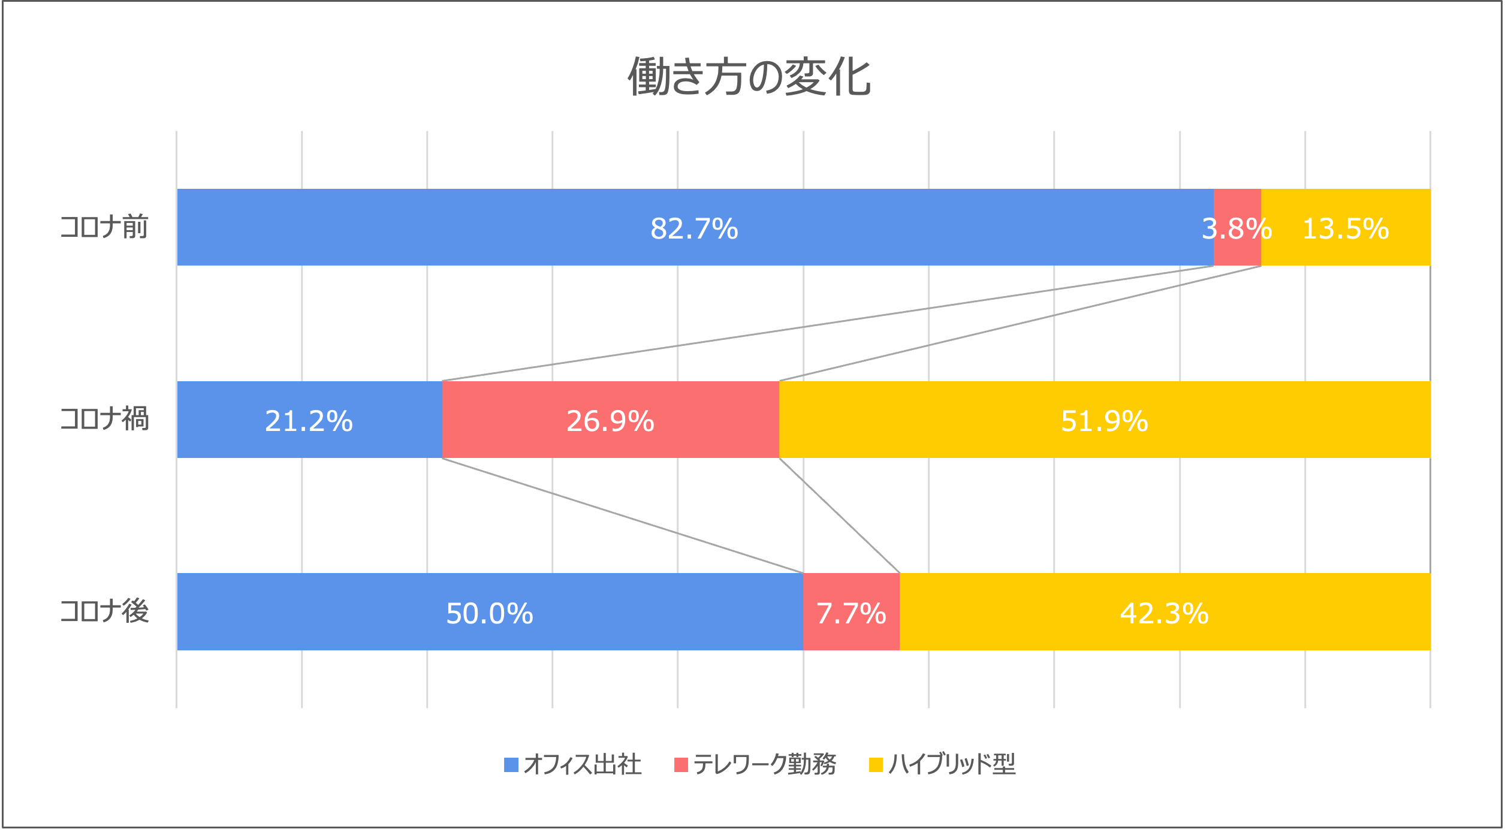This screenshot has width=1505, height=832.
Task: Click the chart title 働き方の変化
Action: (749, 77)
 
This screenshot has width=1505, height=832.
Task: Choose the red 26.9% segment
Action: (610, 444)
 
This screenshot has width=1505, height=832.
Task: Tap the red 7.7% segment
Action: (851, 635)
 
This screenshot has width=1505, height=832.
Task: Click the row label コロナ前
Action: (104, 227)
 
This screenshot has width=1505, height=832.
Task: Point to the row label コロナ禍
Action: (104, 419)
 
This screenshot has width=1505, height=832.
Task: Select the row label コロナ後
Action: (104, 611)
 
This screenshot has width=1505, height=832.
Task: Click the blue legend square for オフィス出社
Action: (511, 765)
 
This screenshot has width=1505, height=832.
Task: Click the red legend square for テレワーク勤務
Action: (681, 765)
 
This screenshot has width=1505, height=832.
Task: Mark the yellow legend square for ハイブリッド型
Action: (876, 765)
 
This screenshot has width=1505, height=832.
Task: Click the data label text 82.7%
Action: (694, 228)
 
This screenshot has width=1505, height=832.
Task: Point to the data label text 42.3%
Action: (1165, 613)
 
